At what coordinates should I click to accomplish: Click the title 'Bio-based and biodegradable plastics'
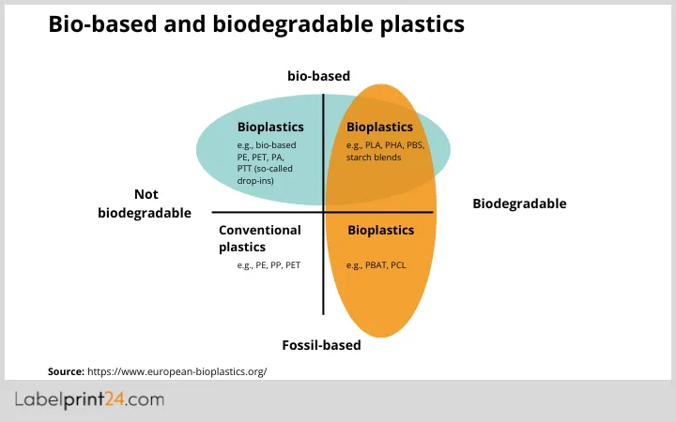[x=255, y=25]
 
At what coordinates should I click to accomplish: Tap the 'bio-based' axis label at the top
[x=318, y=76]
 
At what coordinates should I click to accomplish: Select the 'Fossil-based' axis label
[x=321, y=345]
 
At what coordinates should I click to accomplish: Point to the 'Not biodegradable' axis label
[x=145, y=203]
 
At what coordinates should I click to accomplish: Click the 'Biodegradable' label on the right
[x=518, y=203]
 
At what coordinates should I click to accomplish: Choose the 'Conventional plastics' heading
[x=259, y=238]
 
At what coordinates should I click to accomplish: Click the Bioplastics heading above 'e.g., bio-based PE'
[x=270, y=127]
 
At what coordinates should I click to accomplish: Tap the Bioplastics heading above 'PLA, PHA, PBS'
[x=379, y=127]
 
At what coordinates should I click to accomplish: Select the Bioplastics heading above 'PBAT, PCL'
[x=380, y=230]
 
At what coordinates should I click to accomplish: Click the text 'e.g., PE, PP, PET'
[x=269, y=265]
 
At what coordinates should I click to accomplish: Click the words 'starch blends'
[x=374, y=158]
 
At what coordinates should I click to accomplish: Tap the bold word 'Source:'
[x=66, y=371]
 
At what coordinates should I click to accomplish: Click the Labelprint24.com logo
[x=90, y=400]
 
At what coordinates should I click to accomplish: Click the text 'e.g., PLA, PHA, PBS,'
[x=385, y=145]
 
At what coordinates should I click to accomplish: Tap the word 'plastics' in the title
[x=422, y=25]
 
